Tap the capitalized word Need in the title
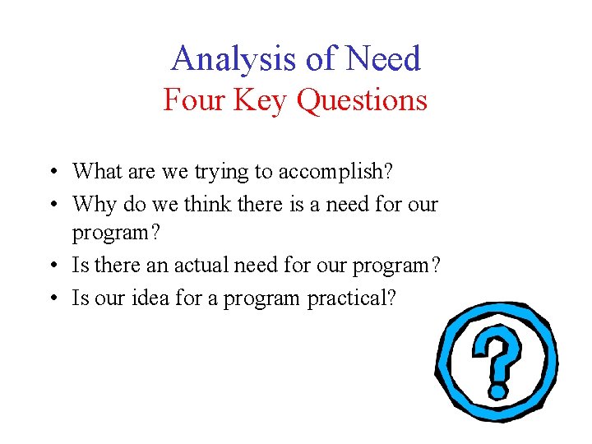[383, 59]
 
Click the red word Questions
[362, 100]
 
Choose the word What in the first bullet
[97, 171]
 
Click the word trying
[221, 173]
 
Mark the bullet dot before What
[53, 173]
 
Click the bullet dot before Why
[53, 204]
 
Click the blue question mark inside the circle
[497, 349]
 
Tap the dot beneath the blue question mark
[497, 389]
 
